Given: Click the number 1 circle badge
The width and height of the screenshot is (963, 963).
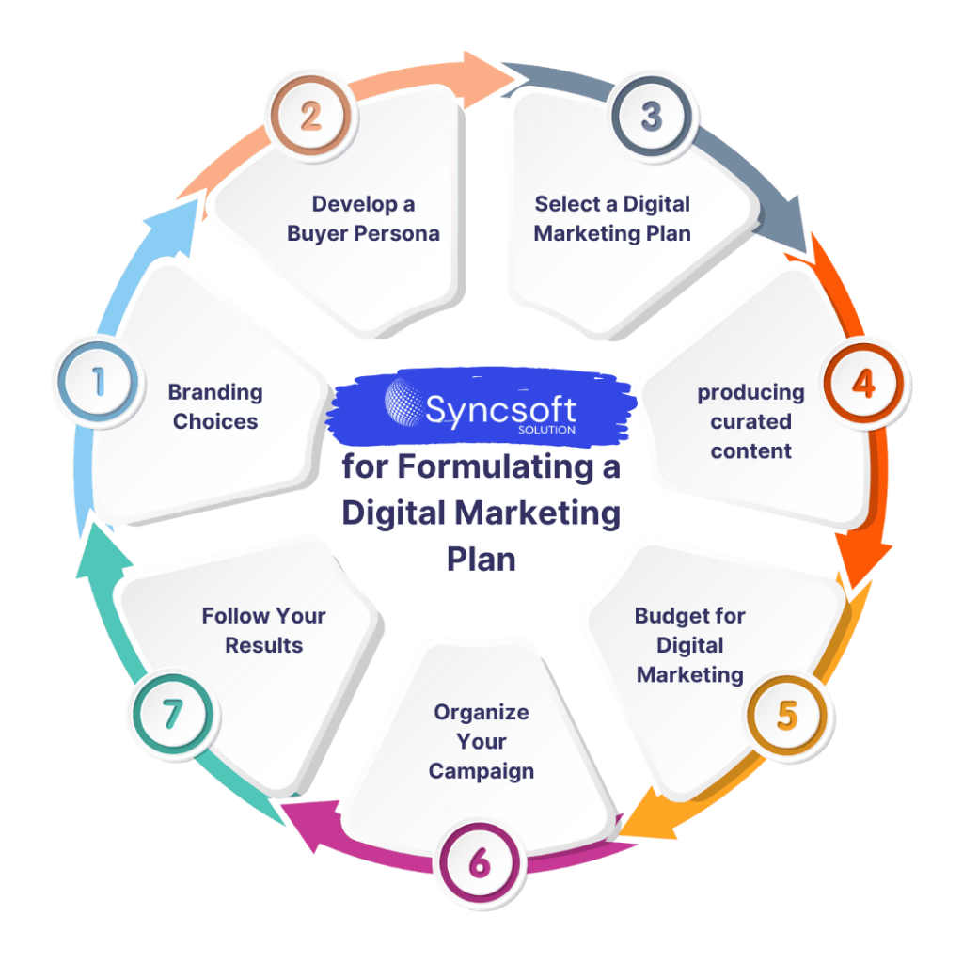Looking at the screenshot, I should click(x=96, y=383).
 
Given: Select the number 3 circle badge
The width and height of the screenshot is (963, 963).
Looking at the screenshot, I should click(x=651, y=118).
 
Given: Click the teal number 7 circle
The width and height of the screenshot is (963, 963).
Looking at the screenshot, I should click(x=171, y=716).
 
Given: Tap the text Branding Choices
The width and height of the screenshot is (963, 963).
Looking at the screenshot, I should click(x=215, y=407).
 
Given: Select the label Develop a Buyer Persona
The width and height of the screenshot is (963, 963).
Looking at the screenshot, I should click(x=363, y=218).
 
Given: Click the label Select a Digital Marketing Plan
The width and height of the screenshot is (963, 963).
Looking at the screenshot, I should click(x=612, y=218).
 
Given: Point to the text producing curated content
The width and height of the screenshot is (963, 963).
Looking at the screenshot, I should click(x=750, y=421).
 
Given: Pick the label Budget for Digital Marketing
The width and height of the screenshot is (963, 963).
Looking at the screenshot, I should click(x=690, y=645).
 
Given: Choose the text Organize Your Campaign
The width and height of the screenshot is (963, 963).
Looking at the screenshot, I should click(x=481, y=741).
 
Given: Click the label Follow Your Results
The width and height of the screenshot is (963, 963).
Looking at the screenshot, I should click(x=263, y=630).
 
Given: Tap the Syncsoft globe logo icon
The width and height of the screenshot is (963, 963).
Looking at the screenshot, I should click(x=403, y=402).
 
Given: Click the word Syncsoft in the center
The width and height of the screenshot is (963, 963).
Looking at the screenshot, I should click(x=500, y=407).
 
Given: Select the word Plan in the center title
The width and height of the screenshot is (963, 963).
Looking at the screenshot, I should click(x=481, y=558).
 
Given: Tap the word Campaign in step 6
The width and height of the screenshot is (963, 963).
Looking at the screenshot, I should click(x=481, y=771).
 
